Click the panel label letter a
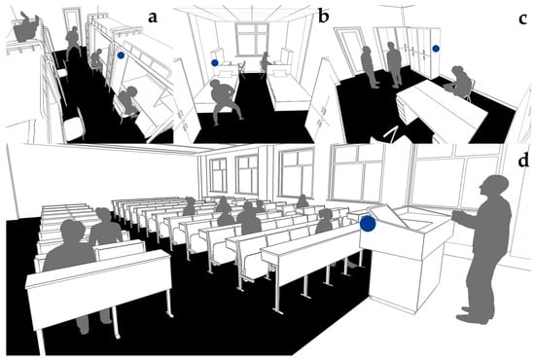coord(153,18)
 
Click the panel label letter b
coord(323,17)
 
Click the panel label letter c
coord(523,19)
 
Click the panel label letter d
coord(523,160)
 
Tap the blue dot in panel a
coord(121,54)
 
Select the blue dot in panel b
coord(215,63)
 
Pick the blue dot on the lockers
coord(436,49)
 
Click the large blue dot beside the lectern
coord(368,224)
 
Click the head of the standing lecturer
coord(494,186)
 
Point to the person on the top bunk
coord(25,28)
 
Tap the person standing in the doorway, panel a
coord(73,42)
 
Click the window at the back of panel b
coord(252,39)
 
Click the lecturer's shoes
coord(475,316)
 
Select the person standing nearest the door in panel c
coord(369,67)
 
